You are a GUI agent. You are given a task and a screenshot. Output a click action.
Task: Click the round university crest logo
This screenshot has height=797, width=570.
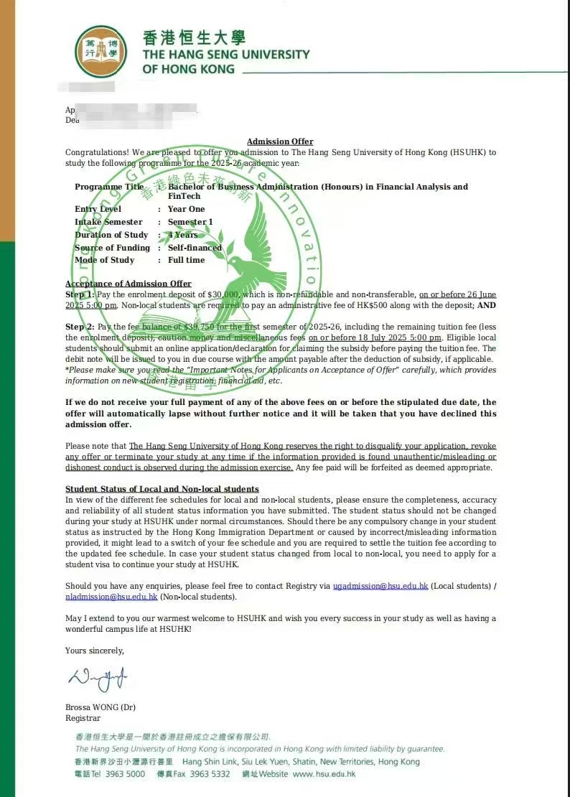(101, 51)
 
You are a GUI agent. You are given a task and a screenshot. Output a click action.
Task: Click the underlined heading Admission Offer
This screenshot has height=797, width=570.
(280, 141)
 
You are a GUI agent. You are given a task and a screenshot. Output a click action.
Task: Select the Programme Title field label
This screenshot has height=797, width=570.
(109, 187)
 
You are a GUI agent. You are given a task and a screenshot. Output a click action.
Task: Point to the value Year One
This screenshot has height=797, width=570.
(186, 209)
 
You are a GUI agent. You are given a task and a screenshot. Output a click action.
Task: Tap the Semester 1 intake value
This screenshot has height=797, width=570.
(190, 222)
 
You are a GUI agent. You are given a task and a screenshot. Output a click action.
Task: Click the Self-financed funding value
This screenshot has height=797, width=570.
(195, 248)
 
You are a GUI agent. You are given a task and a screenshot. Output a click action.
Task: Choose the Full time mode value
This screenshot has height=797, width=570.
(186, 260)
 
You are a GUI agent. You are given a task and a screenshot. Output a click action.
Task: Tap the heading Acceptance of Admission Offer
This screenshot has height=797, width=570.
(129, 284)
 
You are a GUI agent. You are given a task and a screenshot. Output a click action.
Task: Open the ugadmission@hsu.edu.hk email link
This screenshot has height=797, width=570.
(380, 586)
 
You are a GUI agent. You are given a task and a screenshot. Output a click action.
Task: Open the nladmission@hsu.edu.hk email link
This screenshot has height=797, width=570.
(111, 597)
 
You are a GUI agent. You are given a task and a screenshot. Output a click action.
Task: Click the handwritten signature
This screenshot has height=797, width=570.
(98, 676)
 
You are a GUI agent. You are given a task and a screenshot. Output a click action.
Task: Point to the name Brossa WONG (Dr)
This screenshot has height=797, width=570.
(100, 707)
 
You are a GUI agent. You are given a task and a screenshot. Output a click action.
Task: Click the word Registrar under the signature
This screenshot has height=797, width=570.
(83, 718)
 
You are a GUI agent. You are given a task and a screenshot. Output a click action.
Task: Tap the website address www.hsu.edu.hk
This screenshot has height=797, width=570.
(324, 774)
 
